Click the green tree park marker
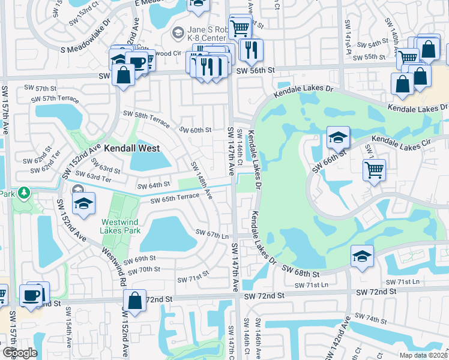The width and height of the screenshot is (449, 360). point(23,193)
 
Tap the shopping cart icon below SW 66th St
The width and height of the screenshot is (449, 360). point(374,170)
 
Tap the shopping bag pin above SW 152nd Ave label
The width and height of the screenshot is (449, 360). point(135,301)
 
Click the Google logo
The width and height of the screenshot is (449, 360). point(20,352)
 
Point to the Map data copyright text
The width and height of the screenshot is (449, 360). point(423,355)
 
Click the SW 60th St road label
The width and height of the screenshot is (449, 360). point(196,130)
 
